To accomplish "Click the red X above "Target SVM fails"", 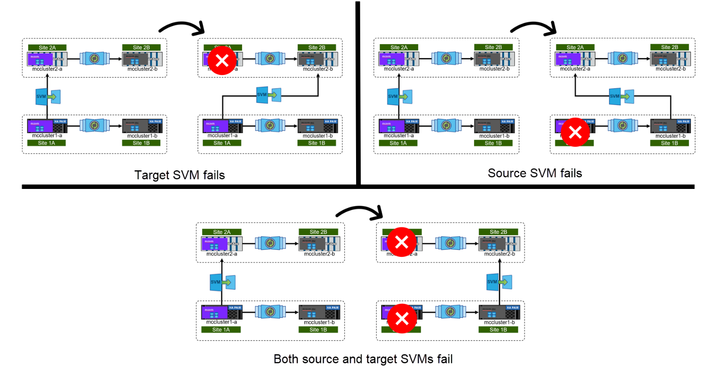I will click(x=222, y=60).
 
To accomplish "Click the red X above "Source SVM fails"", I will click(x=575, y=132).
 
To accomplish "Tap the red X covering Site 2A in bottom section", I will click(x=402, y=242).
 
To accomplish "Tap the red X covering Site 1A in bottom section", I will click(x=402, y=318).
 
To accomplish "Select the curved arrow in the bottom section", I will click(x=359, y=212).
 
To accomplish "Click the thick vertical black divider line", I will click(x=358, y=93).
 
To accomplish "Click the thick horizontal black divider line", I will click(x=358, y=187).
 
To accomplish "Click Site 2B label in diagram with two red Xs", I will click(x=498, y=232).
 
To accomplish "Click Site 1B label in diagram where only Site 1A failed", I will click(x=669, y=143).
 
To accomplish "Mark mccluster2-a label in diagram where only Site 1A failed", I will click(x=575, y=69).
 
